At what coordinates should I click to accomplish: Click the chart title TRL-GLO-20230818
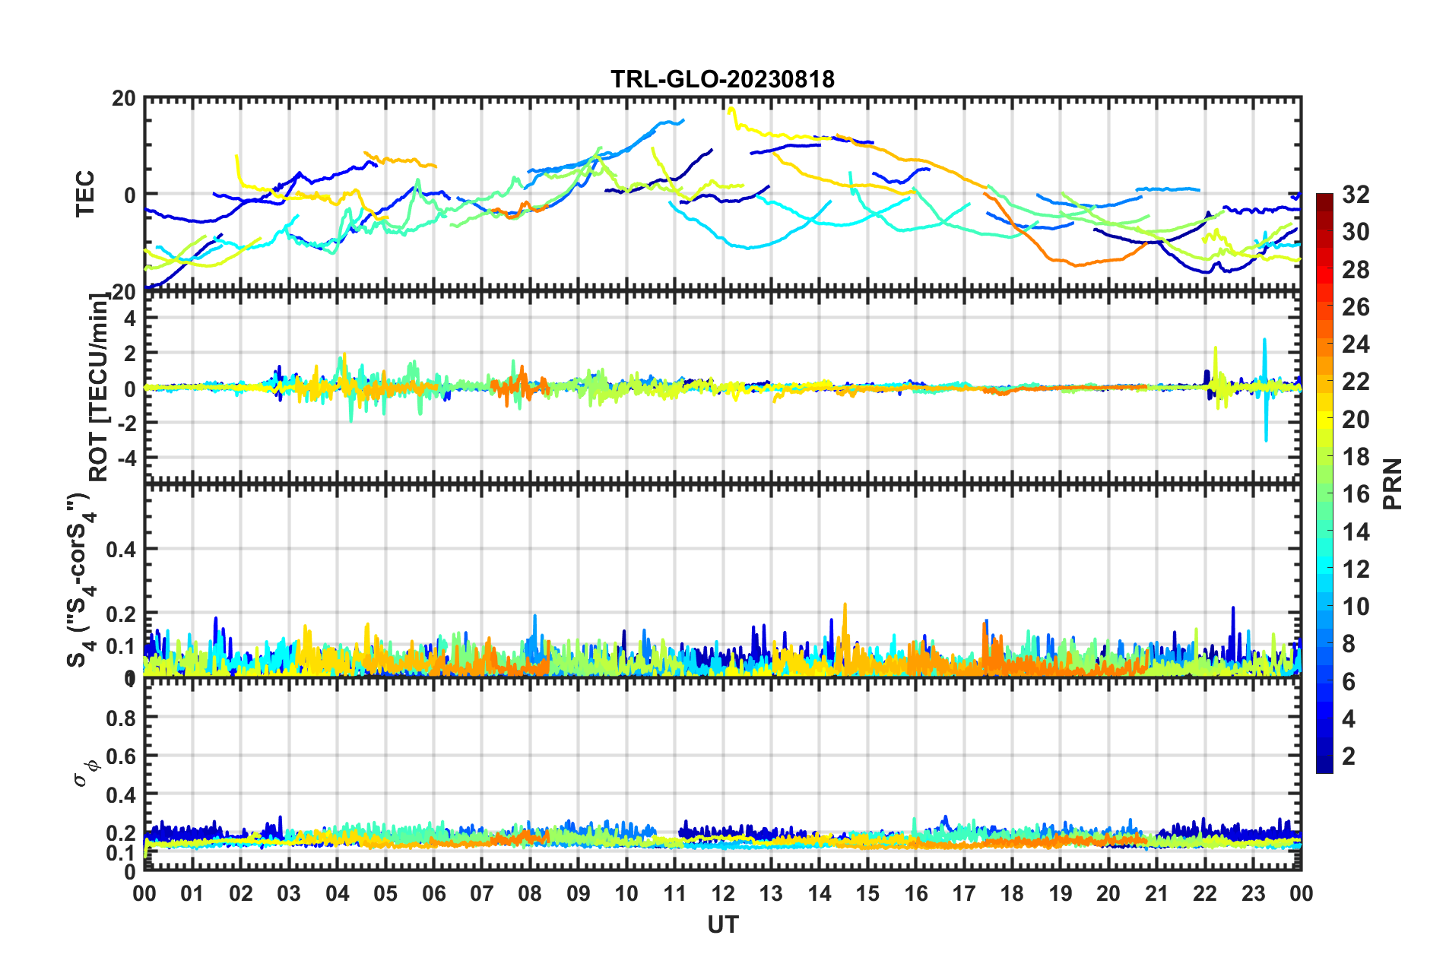(722, 79)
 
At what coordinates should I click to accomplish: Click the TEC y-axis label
(85, 194)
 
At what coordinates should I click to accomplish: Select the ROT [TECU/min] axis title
(99, 387)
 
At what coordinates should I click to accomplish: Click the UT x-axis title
(722, 924)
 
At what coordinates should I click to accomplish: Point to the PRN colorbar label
(1392, 484)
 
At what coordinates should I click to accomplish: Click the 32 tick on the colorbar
(1356, 195)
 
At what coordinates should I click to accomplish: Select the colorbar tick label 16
(1356, 494)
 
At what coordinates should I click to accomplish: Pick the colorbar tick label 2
(1349, 756)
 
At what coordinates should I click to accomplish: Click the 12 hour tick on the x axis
(723, 893)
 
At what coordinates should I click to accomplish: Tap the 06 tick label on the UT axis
(433, 893)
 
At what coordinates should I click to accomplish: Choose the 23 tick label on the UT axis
(1253, 893)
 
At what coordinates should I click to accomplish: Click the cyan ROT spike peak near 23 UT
(1264, 340)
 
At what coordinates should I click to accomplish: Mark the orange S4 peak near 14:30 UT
(845, 605)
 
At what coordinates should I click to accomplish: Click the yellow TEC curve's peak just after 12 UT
(731, 109)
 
